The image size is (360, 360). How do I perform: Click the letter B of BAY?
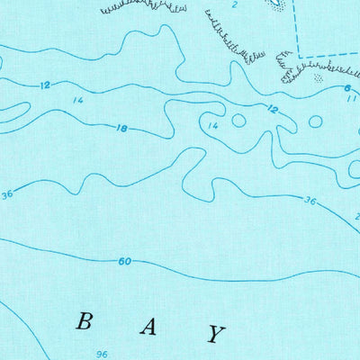click(85, 321)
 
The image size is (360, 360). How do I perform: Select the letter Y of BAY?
click(214, 334)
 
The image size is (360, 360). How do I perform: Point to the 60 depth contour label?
click(124, 262)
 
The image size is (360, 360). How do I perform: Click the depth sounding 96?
click(102, 354)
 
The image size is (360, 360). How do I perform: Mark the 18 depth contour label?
click(121, 129)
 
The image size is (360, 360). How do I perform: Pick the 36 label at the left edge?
click(7, 194)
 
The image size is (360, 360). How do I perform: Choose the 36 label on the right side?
click(310, 200)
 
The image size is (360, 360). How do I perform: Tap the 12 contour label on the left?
click(45, 85)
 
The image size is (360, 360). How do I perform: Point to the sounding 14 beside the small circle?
click(213, 126)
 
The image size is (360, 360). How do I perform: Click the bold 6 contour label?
click(346, 88)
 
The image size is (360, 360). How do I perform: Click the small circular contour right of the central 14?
click(238, 120)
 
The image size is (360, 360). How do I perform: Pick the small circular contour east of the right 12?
click(316, 121)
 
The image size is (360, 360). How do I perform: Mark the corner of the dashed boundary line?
click(298, 57)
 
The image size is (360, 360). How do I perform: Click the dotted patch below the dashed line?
click(316, 79)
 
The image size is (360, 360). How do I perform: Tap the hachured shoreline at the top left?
click(144, 7)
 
